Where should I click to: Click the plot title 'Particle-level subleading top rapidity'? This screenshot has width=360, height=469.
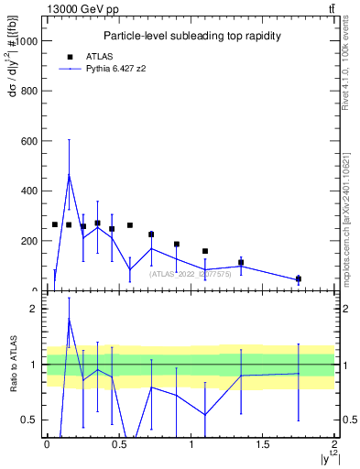click(x=191, y=36)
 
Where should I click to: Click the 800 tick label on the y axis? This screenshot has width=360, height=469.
click(x=28, y=92)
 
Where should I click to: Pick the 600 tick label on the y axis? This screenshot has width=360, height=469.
click(x=28, y=141)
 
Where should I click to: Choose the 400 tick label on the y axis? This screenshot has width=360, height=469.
click(x=28, y=191)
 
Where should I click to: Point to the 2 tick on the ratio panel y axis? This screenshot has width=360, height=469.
click(x=34, y=309)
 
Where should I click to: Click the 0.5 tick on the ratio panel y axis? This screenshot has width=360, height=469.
click(x=30, y=420)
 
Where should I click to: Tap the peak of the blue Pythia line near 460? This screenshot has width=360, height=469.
click(x=69, y=175)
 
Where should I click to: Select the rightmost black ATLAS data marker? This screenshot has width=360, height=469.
click(x=299, y=278)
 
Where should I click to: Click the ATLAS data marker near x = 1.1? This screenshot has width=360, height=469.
click(x=205, y=251)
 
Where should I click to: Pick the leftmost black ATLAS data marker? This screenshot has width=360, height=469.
click(x=55, y=224)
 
